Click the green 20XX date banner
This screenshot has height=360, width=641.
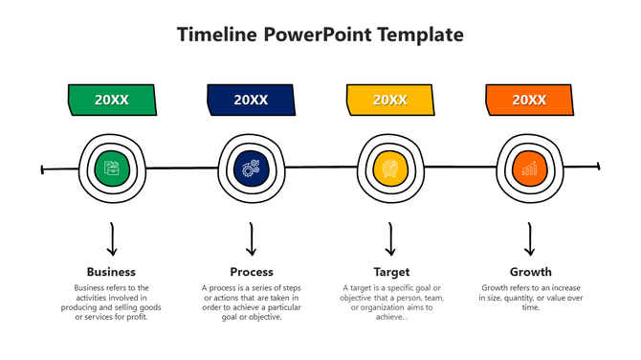point(112,100)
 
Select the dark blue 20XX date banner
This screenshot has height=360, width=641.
point(251,100)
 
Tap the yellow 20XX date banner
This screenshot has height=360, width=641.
point(389,100)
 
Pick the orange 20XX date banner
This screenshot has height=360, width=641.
point(529,100)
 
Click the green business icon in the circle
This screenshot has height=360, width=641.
point(112,169)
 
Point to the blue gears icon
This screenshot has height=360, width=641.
point(251,169)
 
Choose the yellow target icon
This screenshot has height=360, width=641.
point(389,169)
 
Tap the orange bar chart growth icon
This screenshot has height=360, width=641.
point(529,169)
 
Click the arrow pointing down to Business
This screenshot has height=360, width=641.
point(112,239)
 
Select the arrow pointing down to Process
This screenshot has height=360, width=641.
point(252,239)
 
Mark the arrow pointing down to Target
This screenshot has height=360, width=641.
point(390,239)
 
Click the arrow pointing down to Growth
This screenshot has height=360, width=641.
point(530,239)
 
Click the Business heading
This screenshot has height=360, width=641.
point(111,272)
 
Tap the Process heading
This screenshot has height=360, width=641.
point(252,272)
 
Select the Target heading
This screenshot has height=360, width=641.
point(390,272)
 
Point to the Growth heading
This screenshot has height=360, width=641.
point(530,272)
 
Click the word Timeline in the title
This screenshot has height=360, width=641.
point(219,35)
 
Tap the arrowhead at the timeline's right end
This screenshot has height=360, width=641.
point(597,167)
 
